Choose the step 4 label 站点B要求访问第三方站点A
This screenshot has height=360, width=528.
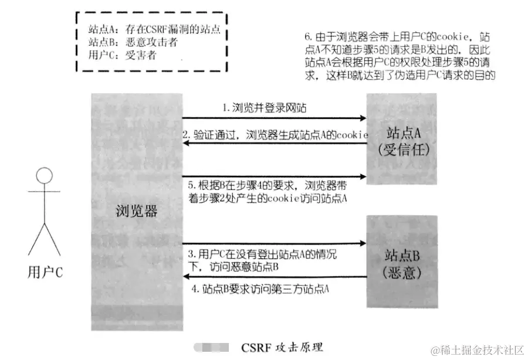(260, 288)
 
